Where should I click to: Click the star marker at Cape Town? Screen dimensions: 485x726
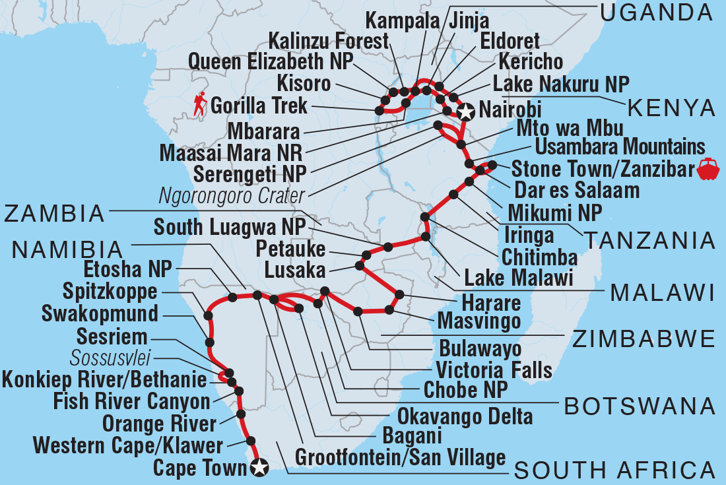pos(259,469)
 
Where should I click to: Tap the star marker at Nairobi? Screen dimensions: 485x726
pos(466,112)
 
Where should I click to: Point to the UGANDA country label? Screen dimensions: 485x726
pos(655,11)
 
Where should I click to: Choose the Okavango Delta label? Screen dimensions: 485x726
pos(465,416)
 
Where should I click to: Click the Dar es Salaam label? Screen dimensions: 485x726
pos(576,190)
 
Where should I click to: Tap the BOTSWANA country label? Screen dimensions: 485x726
pos(640,405)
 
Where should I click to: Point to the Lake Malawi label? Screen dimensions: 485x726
pos(518,278)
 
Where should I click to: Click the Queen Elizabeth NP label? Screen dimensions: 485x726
pos(271,62)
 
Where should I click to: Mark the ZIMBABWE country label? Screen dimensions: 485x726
pos(643,339)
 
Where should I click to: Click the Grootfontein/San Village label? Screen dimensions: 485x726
pos(401,457)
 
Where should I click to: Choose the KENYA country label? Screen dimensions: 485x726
pos(671,107)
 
